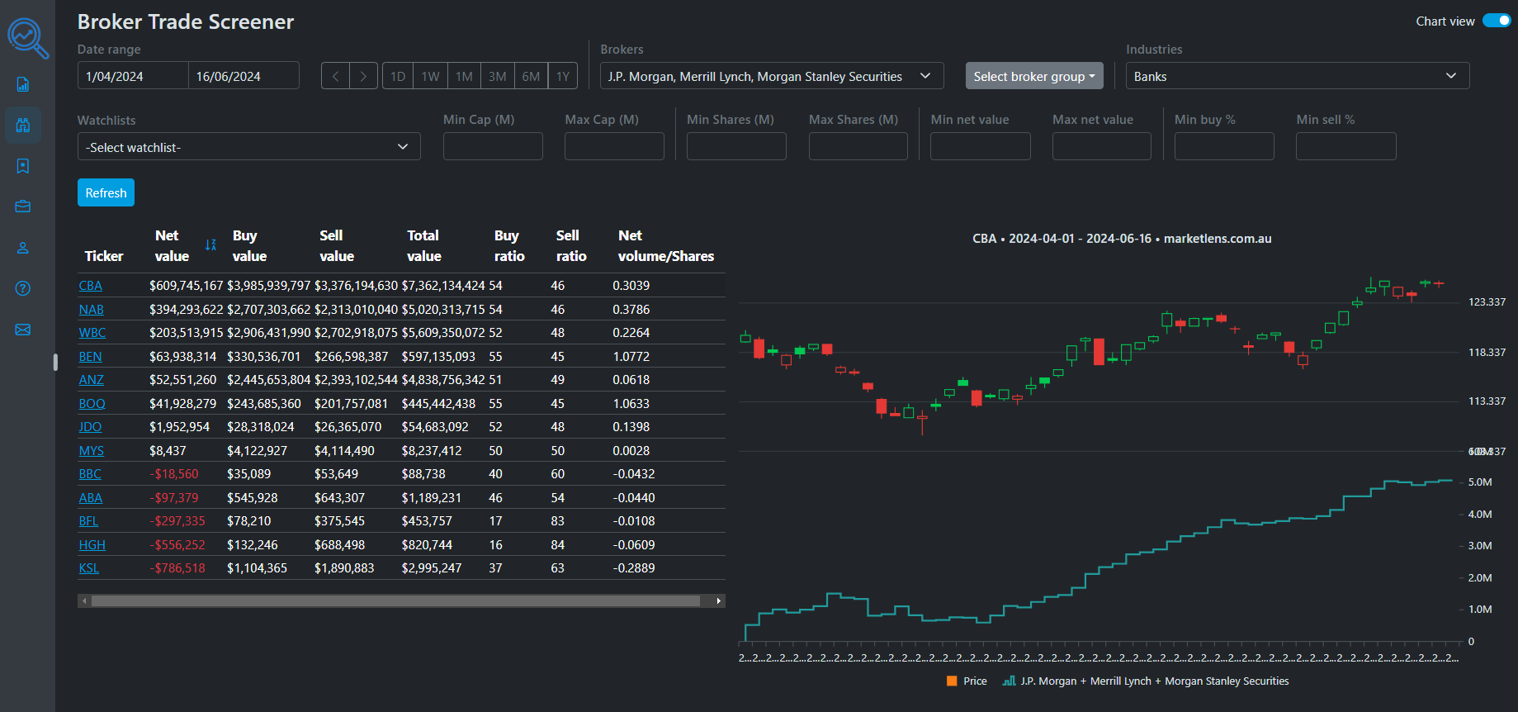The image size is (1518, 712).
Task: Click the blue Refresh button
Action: point(106,192)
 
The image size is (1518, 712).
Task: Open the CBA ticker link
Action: point(90,286)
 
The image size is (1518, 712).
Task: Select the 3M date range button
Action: point(497,76)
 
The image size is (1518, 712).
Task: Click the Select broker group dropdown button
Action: point(1033,76)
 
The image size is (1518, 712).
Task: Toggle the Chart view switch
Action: point(1496,21)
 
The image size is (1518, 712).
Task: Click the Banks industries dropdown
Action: point(1297,76)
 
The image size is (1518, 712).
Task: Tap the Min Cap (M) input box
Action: point(493,146)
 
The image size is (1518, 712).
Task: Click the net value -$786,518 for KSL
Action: point(177,568)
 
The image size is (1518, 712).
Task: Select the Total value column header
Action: point(423,246)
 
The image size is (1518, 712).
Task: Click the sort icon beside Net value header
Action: point(210,245)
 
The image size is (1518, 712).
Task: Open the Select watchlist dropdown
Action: point(248,147)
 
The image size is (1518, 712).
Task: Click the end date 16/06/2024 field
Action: point(243,76)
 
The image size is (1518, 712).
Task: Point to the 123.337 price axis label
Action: point(1487,302)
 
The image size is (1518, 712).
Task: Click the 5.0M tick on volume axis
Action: point(1479,482)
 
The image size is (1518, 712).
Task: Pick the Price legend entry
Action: point(967,681)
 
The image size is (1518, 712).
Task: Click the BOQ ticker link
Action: point(92,404)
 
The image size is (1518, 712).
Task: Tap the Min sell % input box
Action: point(1345,146)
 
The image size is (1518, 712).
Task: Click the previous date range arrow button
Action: point(335,76)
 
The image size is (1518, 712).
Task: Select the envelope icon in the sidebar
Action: point(23,330)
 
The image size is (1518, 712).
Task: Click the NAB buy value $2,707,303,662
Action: point(268,310)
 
